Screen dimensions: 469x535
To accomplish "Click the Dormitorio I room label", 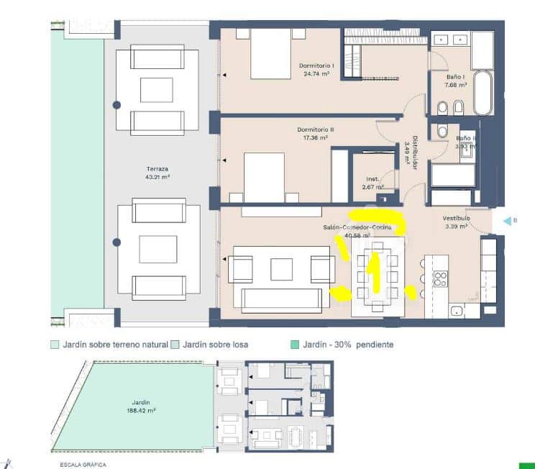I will [314, 65].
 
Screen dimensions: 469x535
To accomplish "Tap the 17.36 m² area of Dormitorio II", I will [314, 137].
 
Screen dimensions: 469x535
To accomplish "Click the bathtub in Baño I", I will [482, 92].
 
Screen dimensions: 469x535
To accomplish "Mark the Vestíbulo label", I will [456, 217].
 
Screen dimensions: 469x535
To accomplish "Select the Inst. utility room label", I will [372, 179].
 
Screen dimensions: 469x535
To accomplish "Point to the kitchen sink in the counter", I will [454, 311].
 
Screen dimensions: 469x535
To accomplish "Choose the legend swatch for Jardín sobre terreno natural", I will [55, 345].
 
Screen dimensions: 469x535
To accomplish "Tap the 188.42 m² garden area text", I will [136, 411].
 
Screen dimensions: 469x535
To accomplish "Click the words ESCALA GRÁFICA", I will [83, 465].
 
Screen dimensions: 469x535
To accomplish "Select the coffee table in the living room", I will [281, 269].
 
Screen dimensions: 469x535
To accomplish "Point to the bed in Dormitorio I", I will [270, 53].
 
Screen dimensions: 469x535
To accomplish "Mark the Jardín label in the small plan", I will [136, 403].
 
